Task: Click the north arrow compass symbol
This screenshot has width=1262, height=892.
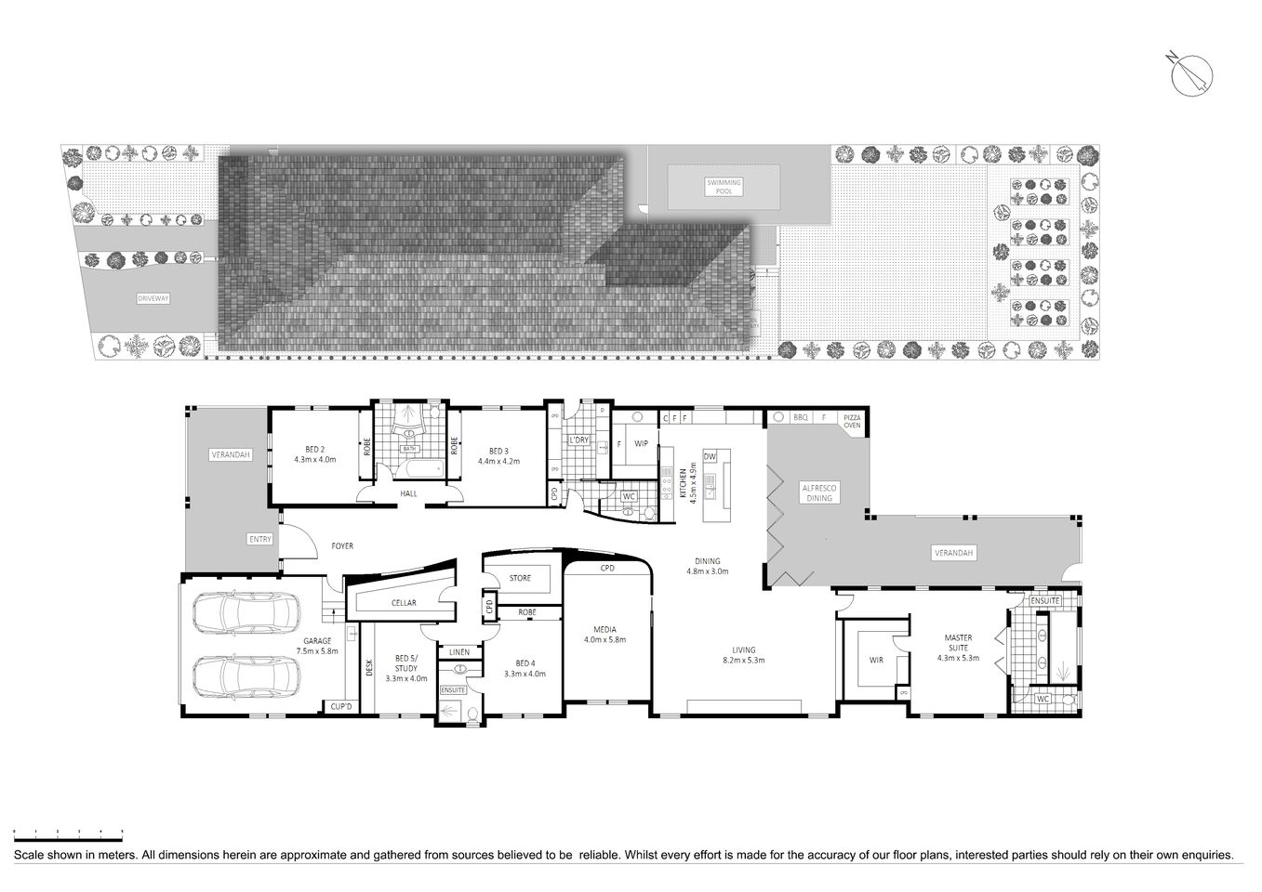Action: click(x=1190, y=74)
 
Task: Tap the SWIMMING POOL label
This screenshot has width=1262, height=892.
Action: click(x=724, y=187)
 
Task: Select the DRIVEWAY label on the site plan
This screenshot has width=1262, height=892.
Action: click(x=153, y=299)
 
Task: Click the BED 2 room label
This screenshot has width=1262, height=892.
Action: click(x=314, y=454)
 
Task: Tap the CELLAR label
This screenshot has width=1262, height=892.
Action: click(x=404, y=603)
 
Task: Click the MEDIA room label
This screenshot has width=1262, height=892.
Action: click(x=604, y=634)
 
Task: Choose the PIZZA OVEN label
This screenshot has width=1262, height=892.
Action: click(x=852, y=421)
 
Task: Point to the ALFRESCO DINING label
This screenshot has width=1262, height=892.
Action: click(x=819, y=492)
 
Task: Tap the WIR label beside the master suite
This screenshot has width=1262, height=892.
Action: click(x=876, y=660)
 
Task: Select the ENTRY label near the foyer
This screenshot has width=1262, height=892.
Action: click(x=260, y=539)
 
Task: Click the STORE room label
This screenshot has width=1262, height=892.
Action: click(x=520, y=578)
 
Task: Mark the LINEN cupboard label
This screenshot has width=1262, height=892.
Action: click(x=459, y=652)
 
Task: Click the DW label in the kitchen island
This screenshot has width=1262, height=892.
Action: click(x=710, y=456)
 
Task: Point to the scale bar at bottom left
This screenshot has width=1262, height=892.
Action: click(x=68, y=832)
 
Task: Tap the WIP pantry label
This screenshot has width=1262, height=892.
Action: click(x=641, y=444)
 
